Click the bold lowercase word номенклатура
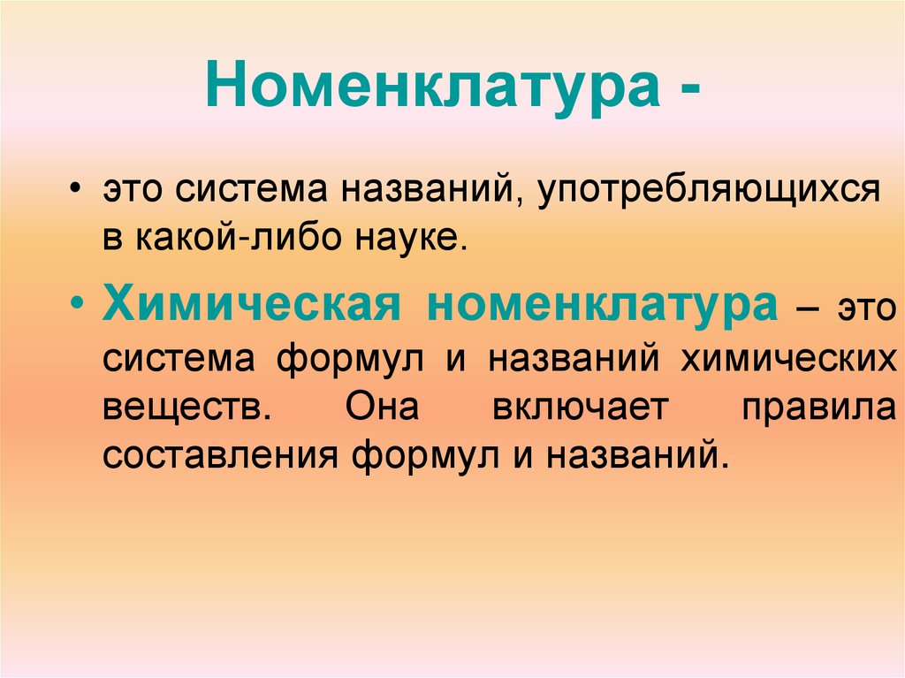(603, 306)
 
